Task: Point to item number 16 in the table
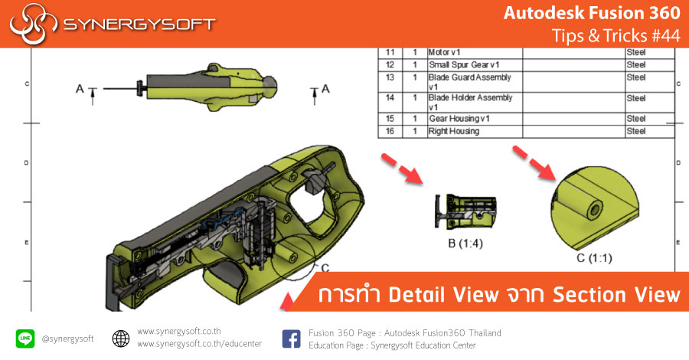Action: pyautogui.click(x=389, y=131)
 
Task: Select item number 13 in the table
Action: pyautogui.click(x=389, y=77)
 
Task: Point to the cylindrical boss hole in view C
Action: pyautogui.click(x=593, y=209)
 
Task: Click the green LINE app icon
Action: pyautogui.click(x=25, y=338)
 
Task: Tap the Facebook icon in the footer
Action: pyautogui.click(x=291, y=338)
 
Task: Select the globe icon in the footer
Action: pyautogui.click(x=120, y=338)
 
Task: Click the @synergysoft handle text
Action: pyautogui.click(x=67, y=339)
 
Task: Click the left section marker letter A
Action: pyautogui.click(x=80, y=90)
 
